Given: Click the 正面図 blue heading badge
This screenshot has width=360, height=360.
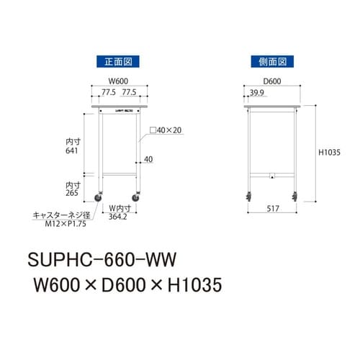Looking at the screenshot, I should (x=120, y=62).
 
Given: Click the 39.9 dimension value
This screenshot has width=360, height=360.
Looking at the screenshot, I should (x=256, y=94).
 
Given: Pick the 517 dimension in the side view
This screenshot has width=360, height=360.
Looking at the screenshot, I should (x=271, y=209).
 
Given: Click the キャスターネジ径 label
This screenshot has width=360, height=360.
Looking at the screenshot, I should (x=60, y=215).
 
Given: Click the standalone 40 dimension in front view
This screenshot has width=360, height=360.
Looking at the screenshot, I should (x=148, y=159).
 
